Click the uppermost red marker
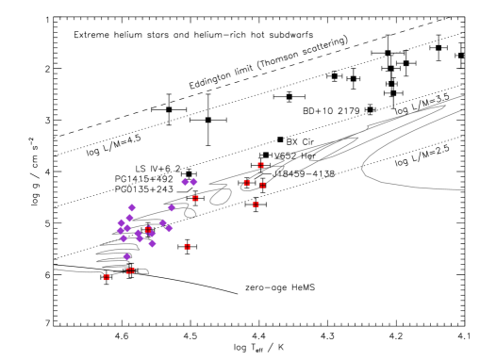click(261, 166)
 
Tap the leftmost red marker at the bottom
click(107, 277)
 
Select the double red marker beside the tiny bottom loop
click(130, 270)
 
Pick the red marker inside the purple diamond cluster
click(147, 229)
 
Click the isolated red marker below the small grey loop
click(188, 246)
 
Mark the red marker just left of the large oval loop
click(195, 198)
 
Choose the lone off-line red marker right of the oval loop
click(256, 204)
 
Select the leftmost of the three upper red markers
click(247, 183)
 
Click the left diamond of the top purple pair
click(185, 182)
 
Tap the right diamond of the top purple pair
click(193, 181)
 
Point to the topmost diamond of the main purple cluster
click(132, 207)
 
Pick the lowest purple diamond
click(127, 256)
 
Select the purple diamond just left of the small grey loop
click(172, 207)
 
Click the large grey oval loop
click(221, 196)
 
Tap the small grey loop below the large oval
click(190, 213)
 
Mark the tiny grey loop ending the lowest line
click(144, 271)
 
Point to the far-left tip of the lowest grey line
click(55, 270)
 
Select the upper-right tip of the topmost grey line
click(463, 95)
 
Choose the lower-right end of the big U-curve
click(463, 189)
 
